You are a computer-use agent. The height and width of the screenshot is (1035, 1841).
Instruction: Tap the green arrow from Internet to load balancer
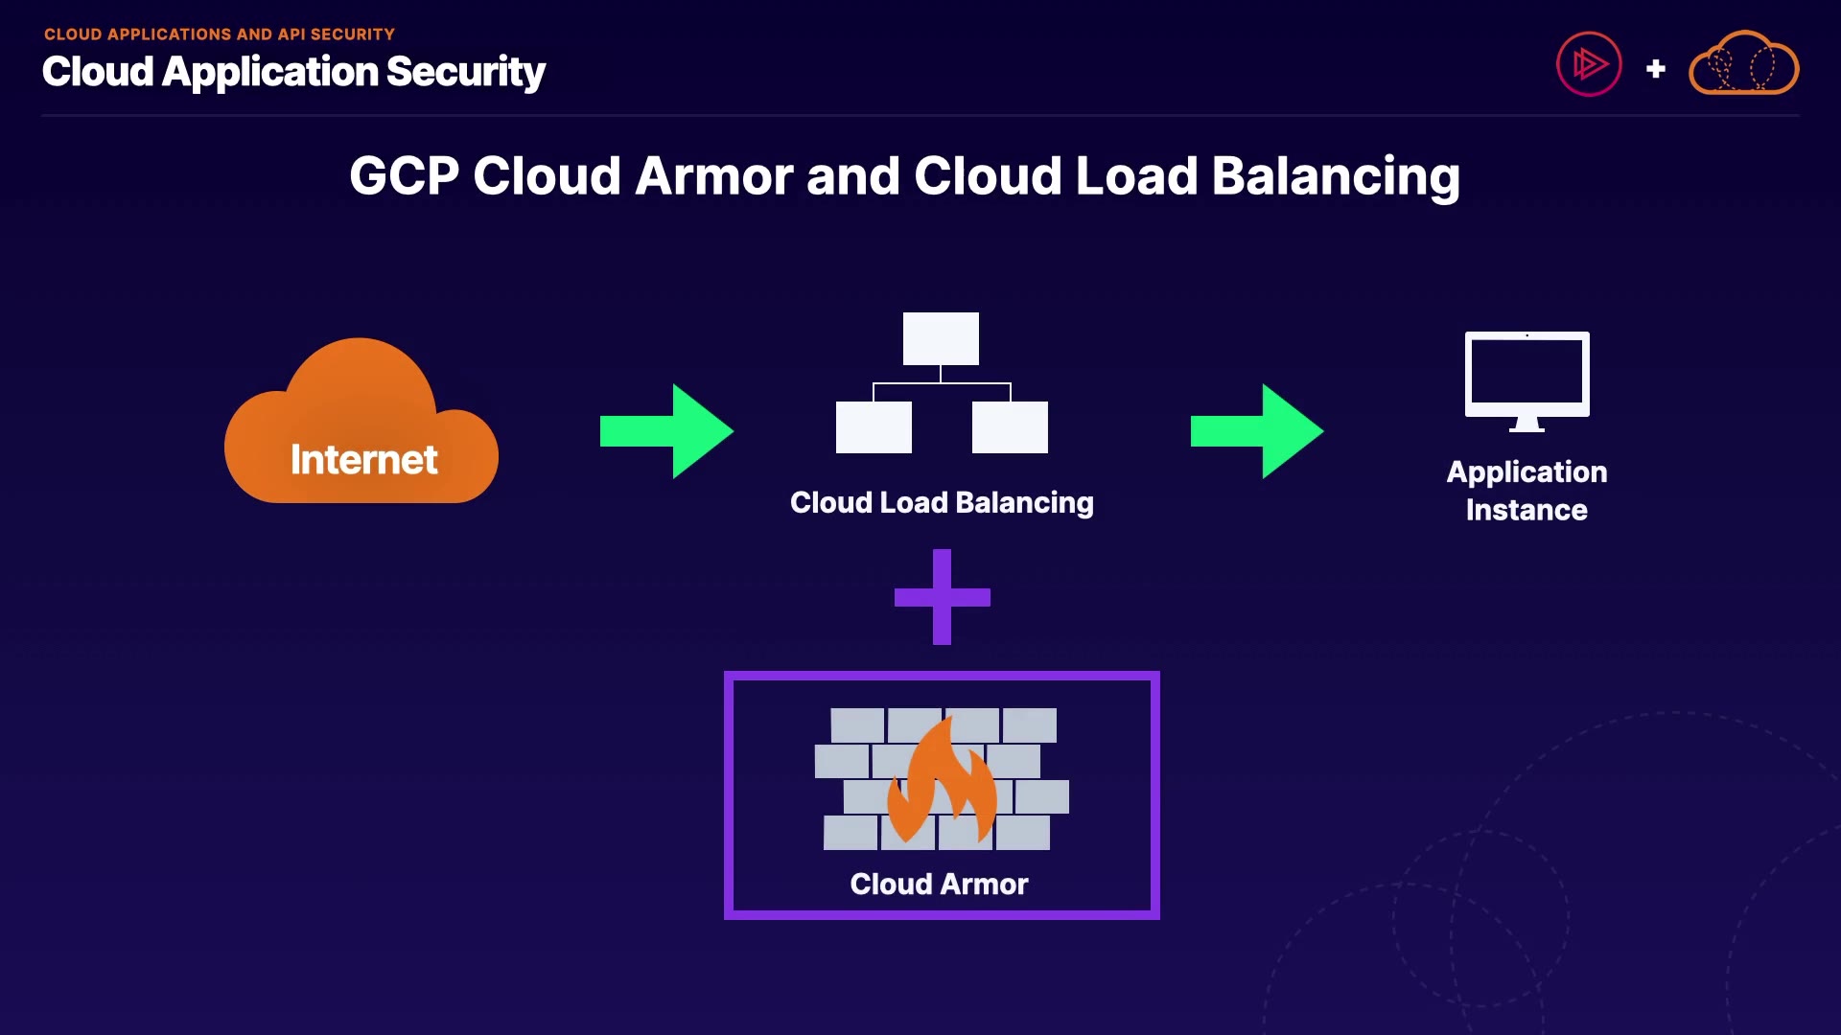[666, 431]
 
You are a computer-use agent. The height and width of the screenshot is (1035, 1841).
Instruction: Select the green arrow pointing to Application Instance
[1256, 431]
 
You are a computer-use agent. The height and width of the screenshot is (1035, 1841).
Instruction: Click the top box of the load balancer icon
[941, 338]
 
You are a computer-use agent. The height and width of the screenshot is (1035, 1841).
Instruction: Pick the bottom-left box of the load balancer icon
[874, 427]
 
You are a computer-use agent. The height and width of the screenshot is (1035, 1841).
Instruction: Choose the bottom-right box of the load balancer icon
[1010, 427]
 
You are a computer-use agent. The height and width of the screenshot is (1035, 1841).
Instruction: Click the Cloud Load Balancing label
[942, 502]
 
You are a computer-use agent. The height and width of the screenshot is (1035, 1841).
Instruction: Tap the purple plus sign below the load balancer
[942, 597]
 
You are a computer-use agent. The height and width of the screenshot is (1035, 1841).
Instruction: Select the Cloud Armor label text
[939, 884]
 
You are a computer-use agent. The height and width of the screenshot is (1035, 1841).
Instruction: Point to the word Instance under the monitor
[1526, 510]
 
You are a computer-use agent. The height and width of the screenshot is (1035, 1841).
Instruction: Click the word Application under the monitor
[1526, 471]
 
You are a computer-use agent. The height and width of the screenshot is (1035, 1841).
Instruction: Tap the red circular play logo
[1589, 64]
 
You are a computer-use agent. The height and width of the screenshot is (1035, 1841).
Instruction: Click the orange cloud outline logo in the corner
[1743, 64]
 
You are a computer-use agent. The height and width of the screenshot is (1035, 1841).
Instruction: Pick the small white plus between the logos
[1655, 69]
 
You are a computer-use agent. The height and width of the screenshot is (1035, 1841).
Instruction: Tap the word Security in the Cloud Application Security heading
[466, 72]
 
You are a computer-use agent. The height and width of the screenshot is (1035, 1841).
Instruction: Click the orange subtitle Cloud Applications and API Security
[220, 34]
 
